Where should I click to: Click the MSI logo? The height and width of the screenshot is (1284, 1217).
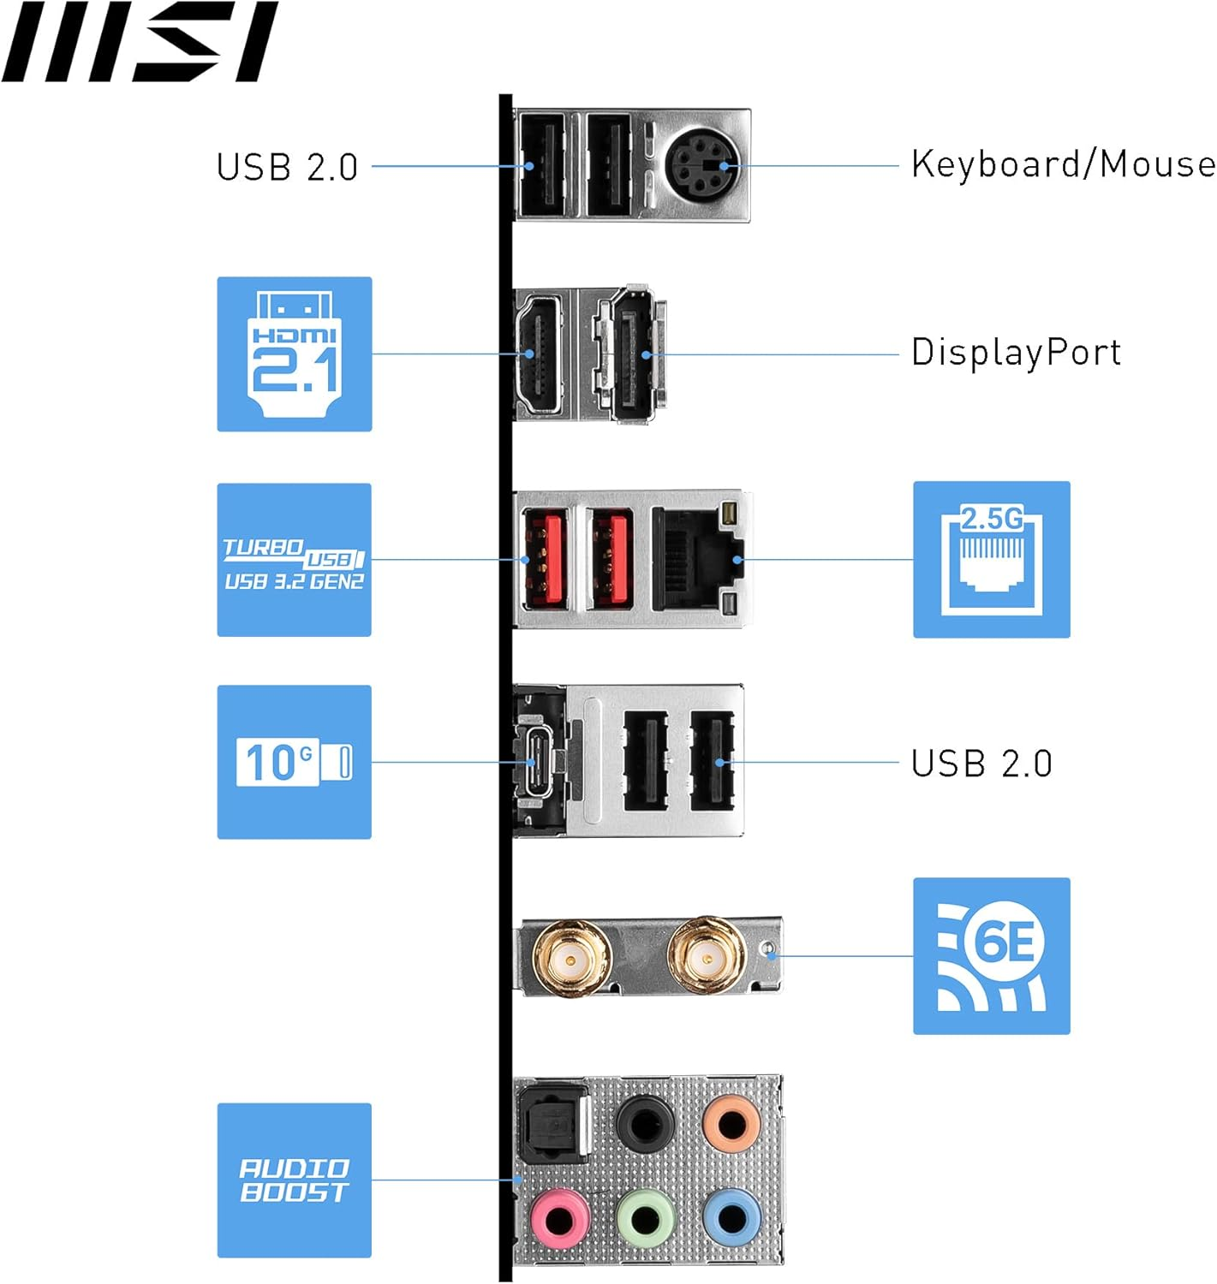(x=140, y=42)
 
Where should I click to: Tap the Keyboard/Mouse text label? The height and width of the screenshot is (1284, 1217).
(x=1062, y=164)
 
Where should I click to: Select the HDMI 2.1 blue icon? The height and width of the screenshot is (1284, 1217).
(x=294, y=354)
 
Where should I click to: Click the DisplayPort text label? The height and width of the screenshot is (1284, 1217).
(x=1016, y=353)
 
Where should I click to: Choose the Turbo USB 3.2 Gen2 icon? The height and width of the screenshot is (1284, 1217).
(x=294, y=560)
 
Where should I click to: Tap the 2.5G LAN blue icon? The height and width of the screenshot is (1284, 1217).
(x=991, y=560)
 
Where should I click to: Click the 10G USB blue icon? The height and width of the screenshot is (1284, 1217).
(x=294, y=762)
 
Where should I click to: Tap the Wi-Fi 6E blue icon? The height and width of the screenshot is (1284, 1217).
(x=991, y=956)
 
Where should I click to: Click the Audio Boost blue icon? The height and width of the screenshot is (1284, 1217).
(x=294, y=1180)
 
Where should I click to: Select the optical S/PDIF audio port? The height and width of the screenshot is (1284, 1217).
(x=554, y=1124)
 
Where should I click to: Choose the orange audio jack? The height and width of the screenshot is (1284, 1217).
(x=731, y=1124)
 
